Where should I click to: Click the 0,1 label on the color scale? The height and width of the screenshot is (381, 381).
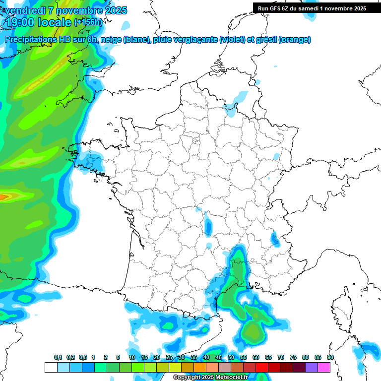pos(58,358)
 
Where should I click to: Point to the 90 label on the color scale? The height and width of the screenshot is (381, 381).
pos(330,358)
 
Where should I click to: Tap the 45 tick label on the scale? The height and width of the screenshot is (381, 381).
pos(219,358)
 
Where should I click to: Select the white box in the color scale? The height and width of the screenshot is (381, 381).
pos(51,367)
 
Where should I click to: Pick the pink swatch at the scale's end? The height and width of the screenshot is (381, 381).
pos(324,367)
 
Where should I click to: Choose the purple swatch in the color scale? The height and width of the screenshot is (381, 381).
pos(312,367)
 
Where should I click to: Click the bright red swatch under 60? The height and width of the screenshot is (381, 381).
pos(262,367)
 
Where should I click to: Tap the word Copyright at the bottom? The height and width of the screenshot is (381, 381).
pos(187,378)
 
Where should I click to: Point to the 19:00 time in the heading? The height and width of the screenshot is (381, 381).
pos(21,22)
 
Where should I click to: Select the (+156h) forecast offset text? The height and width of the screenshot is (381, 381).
pos(88,22)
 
